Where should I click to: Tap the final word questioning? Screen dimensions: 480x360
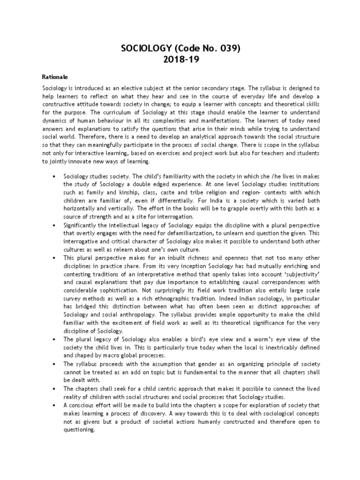point(79,430)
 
